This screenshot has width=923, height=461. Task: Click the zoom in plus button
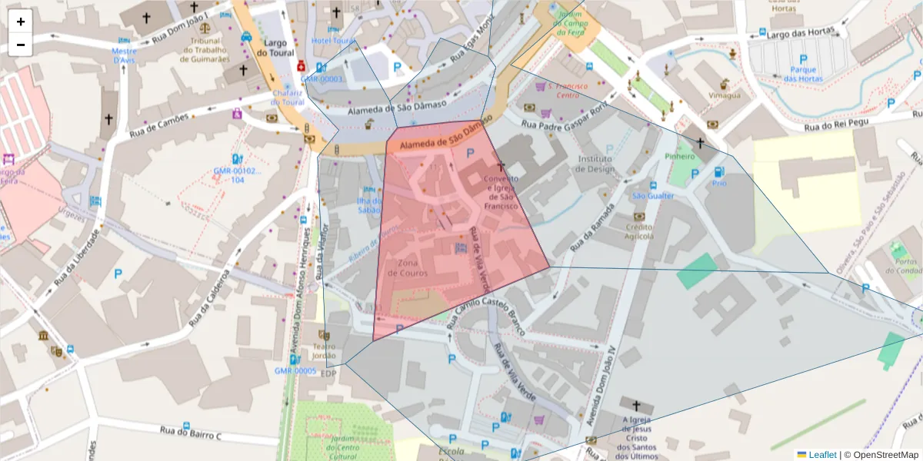tap(21, 22)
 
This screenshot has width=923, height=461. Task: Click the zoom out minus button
tap(21, 45)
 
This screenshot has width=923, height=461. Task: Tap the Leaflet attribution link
tap(822, 455)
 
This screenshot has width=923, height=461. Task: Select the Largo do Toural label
tap(275, 48)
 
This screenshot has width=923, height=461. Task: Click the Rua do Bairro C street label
tap(190, 433)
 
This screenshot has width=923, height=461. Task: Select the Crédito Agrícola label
tap(638, 231)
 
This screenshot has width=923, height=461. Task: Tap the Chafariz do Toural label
tap(288, 97)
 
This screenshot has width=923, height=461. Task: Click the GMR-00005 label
tap(295, 370)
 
